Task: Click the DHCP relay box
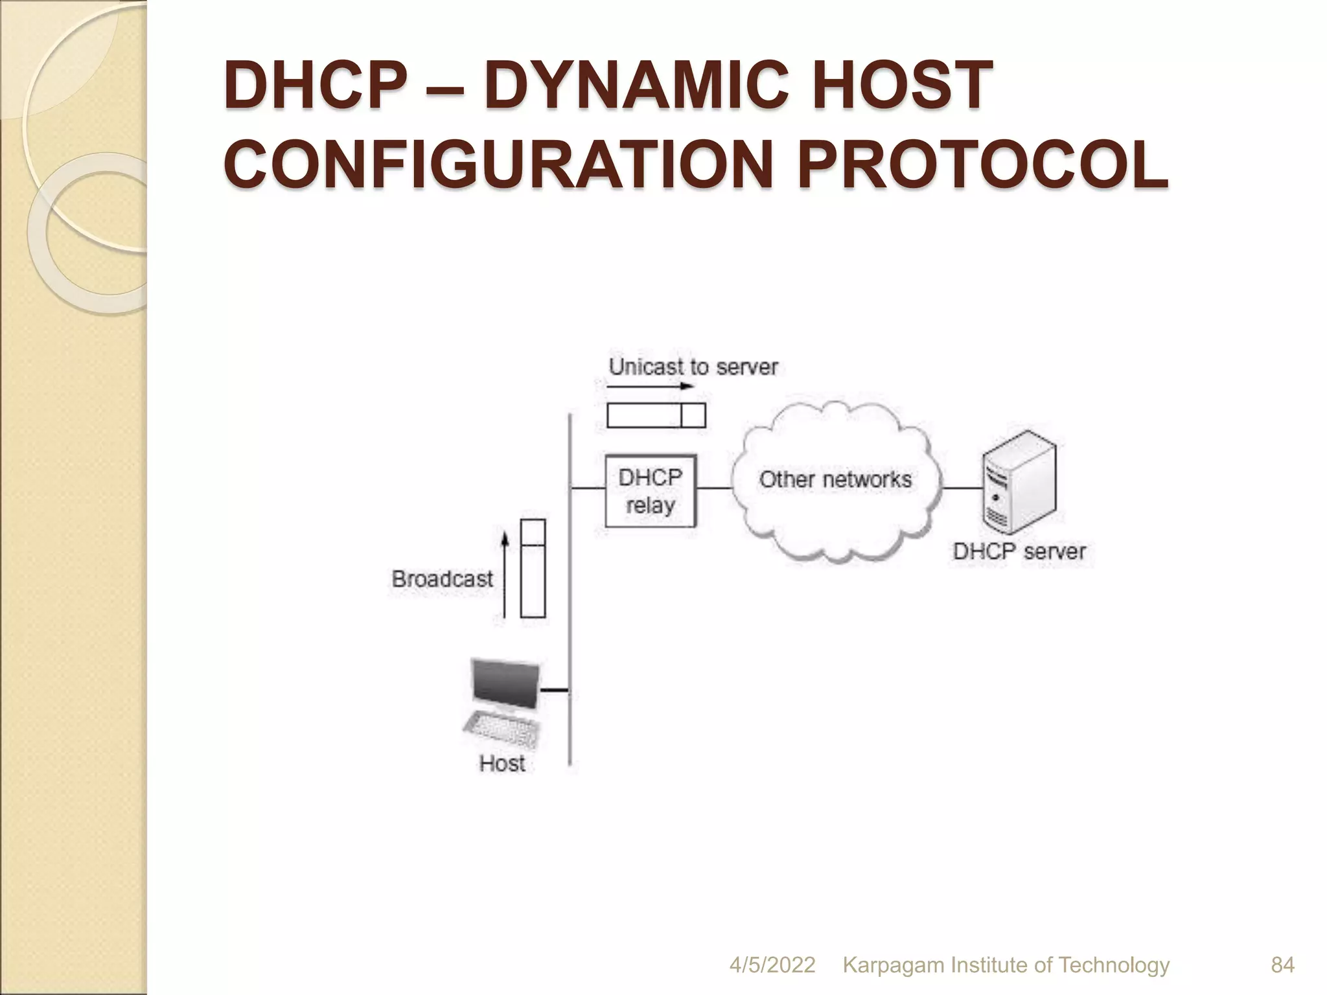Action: [x=650, y=491]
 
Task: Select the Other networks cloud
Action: [x=836, y=480]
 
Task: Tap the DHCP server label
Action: [x=1019, y=552]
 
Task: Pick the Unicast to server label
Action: [x=693, y=367]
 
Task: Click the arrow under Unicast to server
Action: [x=651, y=387]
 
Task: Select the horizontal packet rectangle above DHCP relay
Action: [x=656, y=415]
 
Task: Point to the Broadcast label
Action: [x=443, y=578]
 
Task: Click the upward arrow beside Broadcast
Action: [x=505, y=575]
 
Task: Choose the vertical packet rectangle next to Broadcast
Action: [x=533, y=569]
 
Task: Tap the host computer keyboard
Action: [x=503, y=730]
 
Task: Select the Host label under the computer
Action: [x=502, y=763]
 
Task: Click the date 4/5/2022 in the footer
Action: [x=772, y=965]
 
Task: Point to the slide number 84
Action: [x=1282, y=965]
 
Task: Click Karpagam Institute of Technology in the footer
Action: [x=1006, y=965]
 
